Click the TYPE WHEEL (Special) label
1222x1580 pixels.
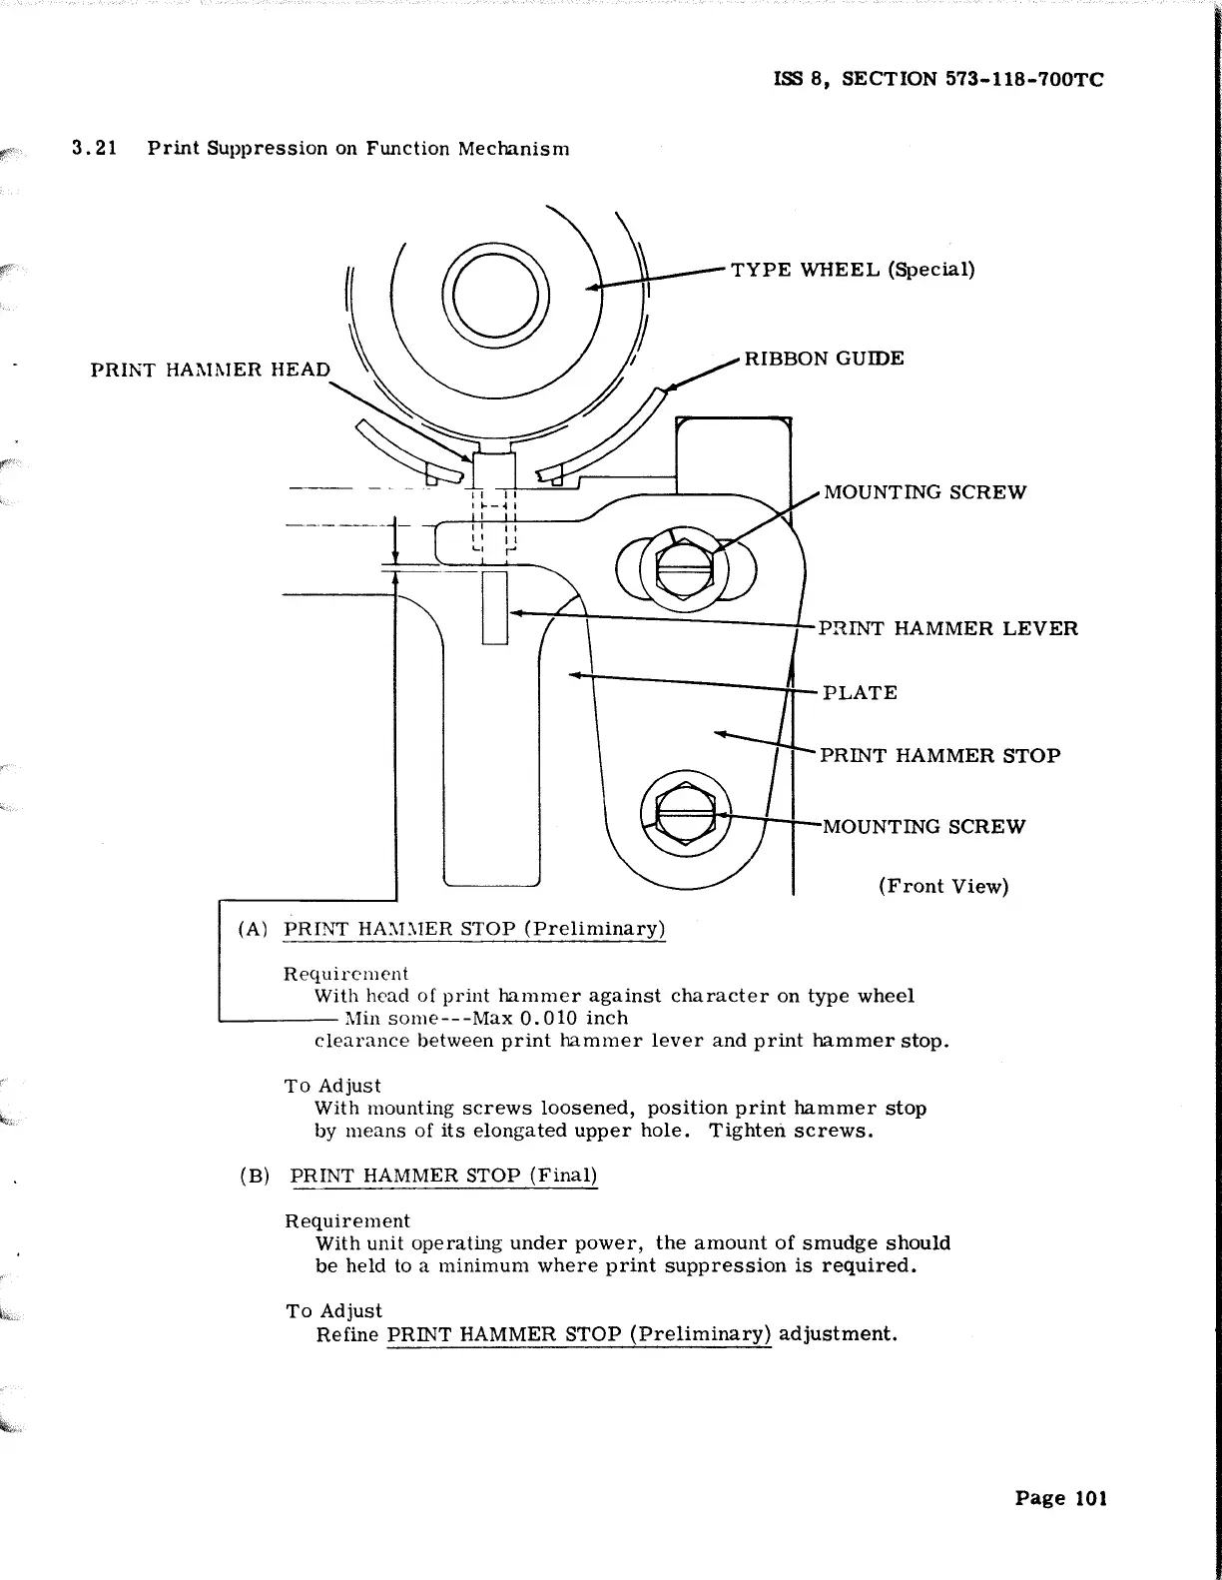click(853, 270)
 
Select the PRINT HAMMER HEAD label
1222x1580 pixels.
click(210, 370)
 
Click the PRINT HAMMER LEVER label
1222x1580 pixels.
click(947, 628)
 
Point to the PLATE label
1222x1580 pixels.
click(860, 692)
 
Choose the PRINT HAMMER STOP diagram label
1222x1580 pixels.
click(939, 755)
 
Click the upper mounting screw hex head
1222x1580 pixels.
click(685, 570)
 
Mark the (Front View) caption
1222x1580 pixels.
click(943, 886)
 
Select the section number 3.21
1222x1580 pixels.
click(95, 149)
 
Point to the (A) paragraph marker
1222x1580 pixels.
click(253, 929)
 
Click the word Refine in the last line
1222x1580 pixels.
click(347, 1334)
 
